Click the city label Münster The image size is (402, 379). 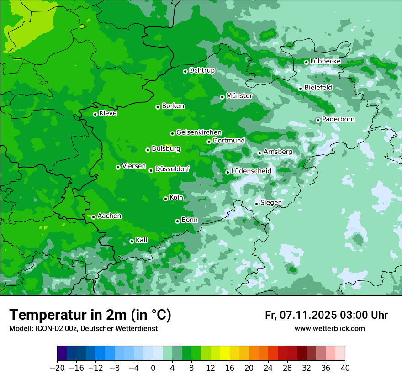[x=239, y=96]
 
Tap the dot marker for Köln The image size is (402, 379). [x=165, y=199]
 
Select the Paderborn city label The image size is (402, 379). [x=338, y=119]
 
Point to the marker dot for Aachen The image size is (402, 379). [x=93, y=217]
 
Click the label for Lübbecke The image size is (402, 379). [x=325, y=61]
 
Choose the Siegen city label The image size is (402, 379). [x=271, y=203]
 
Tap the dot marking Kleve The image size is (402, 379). [x=95, y=114]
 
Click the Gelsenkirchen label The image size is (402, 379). [x=199, y=132]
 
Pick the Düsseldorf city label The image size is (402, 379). [x=172, y=169]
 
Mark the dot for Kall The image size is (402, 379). [x=132, y=241]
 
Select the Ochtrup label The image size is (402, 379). [x=201, y=70]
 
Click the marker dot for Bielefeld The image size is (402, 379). [x=300, y=89]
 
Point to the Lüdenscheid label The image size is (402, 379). [x=251, y=171]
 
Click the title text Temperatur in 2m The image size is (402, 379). [x=90, y=315]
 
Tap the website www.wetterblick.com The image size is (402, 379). [x=329, y=329]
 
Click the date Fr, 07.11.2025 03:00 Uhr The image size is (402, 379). [x=326, y=315]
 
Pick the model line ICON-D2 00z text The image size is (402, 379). [x=83, y=329]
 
